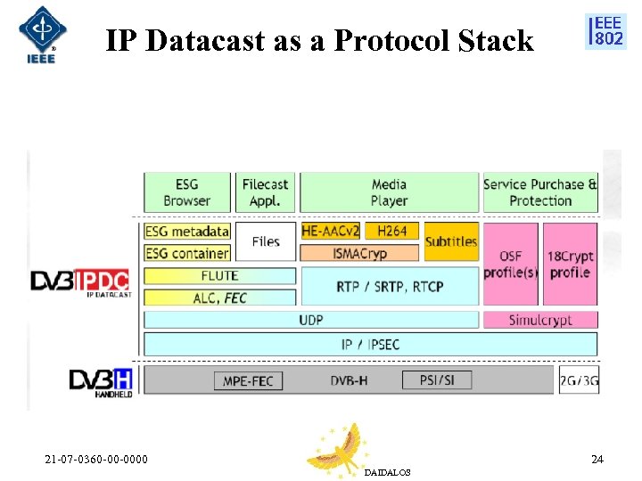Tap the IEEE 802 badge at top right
[x=605, y=32]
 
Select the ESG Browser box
[x=186, y=192]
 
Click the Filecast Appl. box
[x=265, y=192]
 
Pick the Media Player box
[x=389, y=192]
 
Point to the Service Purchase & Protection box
[x=540, y=192]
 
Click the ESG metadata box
[x=187, y=232]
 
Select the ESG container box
[x=187, y=253]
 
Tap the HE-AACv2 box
[x=330, y=231]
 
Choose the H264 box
[x=391, y=231]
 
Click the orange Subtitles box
[x=451, y=241]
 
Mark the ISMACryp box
[x=361, y=253]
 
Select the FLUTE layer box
[x=219, y=275]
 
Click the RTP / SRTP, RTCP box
[x=390, y=286]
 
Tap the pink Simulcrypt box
[x=540, y=320]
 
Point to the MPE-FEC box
[x=248, y=380]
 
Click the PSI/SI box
[x=437, y=379]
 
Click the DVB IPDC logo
[x=80, y=282]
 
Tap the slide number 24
[x=597, y=460]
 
